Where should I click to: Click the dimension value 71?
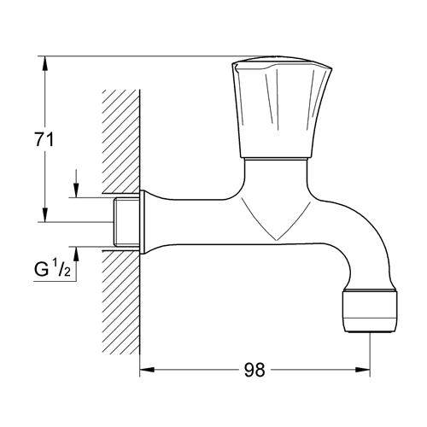[44, 140]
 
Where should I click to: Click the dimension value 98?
[254, 370]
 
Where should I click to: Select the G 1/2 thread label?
[52, 270]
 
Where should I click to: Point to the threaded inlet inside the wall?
[126, 222]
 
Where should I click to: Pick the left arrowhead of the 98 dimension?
[147, 370]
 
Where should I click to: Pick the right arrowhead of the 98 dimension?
[363, 370]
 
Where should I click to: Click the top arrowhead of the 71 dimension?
[45, 63]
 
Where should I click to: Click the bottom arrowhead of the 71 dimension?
[45, 214]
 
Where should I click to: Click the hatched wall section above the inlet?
[121, 142]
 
